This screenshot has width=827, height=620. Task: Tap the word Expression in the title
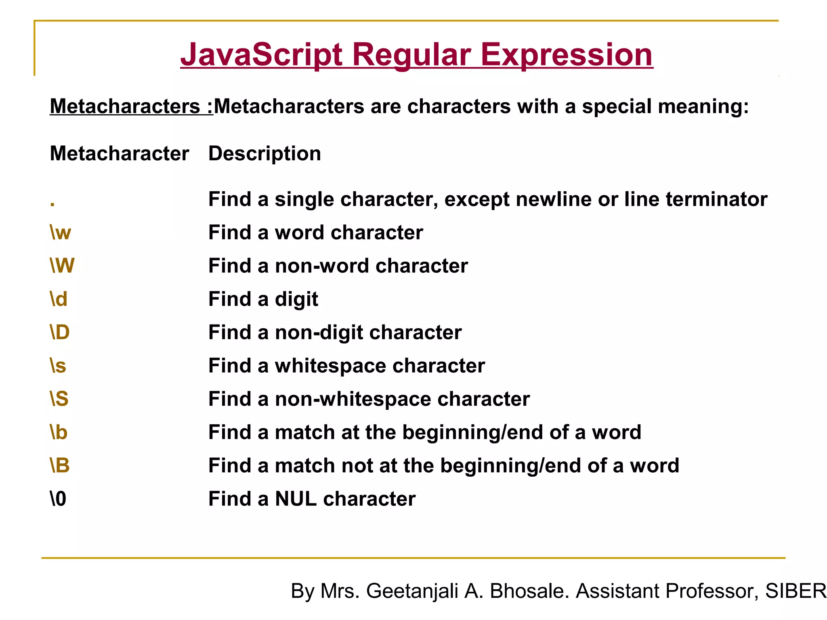point(566,55)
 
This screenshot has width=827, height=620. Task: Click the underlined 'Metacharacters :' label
point(131,107)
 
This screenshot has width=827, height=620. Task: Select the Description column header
point(264,154)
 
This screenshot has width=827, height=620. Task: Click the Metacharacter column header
point(119,154)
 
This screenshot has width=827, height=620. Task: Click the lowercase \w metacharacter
point(60,233)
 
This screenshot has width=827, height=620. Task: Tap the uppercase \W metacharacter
point(62,266)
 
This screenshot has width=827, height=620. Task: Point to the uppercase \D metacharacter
point(59,333)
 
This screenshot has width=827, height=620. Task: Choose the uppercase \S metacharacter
point(59,399)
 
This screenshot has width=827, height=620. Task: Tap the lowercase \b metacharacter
point(59,432)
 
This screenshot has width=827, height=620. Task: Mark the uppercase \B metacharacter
point(59,466)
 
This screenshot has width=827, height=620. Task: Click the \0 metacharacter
point(58,499)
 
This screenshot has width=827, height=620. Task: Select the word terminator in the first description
point(716,199)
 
